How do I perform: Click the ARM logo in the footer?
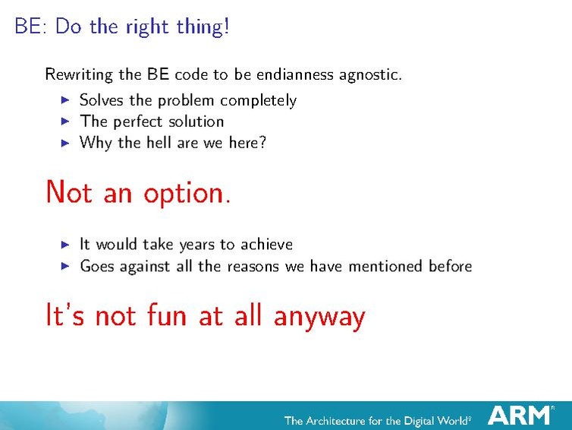[520, 415]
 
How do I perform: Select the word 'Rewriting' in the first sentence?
[76, 74]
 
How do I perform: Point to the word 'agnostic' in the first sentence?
[372, 75]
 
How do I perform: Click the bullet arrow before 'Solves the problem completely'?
[65, 100]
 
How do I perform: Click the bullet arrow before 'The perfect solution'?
[65, 122]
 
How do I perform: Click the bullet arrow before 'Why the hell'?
[65, 142]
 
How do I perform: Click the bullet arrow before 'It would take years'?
[65, 245]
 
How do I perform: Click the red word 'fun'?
[163, 315]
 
